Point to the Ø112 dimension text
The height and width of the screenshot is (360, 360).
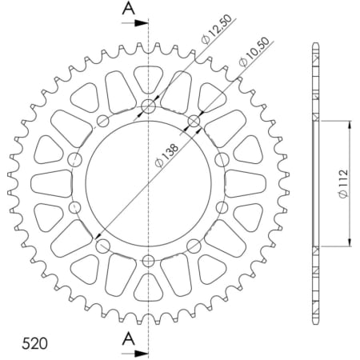point(342,183)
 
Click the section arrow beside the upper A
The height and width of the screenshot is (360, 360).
point(140,23)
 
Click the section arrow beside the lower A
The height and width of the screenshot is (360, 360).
point(140,352)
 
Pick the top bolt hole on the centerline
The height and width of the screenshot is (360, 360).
point(149,106)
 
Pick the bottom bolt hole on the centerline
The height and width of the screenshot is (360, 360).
point(149,259)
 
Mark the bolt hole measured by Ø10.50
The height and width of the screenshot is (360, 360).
point(194,121)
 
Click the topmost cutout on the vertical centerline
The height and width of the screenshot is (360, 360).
point(149,78)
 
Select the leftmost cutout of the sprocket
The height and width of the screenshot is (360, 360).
point(49,183)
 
